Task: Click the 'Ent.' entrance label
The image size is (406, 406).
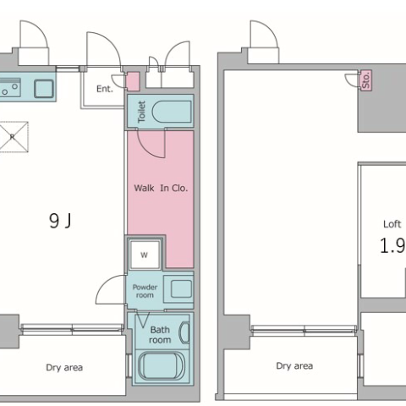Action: [105, 89]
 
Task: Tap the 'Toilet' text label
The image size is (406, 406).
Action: [141, 112]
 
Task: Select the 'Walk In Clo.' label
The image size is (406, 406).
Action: [161, 188]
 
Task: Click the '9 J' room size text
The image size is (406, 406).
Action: [60, 221]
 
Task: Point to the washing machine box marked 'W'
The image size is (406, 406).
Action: [145, 255]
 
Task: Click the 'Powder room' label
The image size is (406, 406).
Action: [145, 291]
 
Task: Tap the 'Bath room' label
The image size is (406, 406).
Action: [160, 335]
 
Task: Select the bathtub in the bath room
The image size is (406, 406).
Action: [162, 365]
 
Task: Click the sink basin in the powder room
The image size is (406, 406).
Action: [181, 288]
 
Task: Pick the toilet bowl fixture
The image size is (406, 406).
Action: [172, 112]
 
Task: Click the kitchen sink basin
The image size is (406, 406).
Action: [44, 89]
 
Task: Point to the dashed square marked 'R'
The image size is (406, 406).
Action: [14, 137]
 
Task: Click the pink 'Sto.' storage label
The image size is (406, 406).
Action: [366, 80]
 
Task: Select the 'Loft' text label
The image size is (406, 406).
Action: [392, 224]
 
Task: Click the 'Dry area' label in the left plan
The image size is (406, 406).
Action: [64, 368]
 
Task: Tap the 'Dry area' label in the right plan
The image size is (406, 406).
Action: [294, 366]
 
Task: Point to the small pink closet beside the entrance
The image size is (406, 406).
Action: [133, 81]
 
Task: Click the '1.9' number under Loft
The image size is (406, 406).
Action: [392, 245]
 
